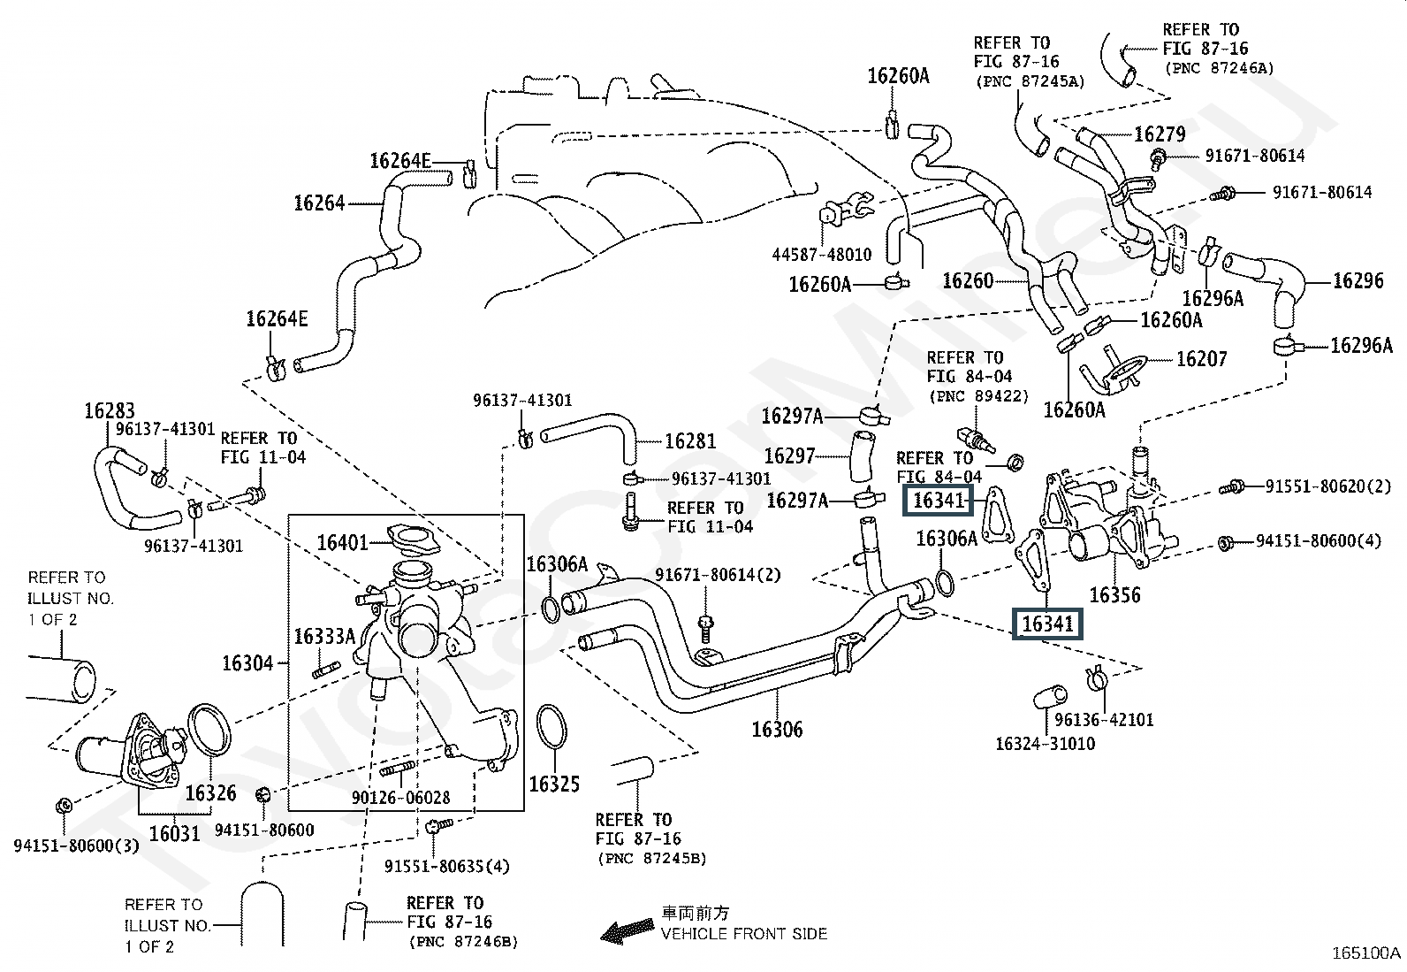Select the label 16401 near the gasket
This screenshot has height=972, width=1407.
pyautogui.click(x=342, y=541)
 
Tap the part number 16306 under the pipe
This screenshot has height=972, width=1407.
pyautogui.click(x=777, y=730)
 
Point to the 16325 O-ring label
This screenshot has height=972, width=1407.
pyautogui.click(x=554, y=784)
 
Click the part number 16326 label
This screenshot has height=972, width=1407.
pyautogui.click(x=211, y=792)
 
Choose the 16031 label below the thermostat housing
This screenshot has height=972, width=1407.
pyautogui.click(x=174, y=833)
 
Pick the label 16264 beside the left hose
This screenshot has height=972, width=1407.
pyautogui.click(x=319, y=203)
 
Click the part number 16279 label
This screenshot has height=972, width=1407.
pyautogui.click(x=1160, y=134)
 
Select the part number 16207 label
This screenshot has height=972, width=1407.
pyautogui.click(x=1202, y=358)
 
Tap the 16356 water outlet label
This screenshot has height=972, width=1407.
pyautogui.click(x=1114, y=594)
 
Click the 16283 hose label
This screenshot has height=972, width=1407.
pyautogui.click(x=110, y=410)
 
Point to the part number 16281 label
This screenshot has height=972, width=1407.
pyautogui.click(x=689, y=440)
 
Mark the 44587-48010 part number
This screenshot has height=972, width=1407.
pyautogui.click(x=821, y=255)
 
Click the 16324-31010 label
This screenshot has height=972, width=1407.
pyautogui.click(x=1045, y=743)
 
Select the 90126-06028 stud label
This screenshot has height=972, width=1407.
pyautogui.click(x=400, y=798)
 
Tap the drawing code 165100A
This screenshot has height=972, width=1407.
pyautogui.click(x=1366, y=953)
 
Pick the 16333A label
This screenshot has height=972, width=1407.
pyautogui.click(x=323, y=636)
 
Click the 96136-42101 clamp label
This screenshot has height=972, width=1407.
pyautogui.click(x=1104, y=720)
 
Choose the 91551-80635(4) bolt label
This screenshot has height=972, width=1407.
pyautogui.click(x=447, y=866)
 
